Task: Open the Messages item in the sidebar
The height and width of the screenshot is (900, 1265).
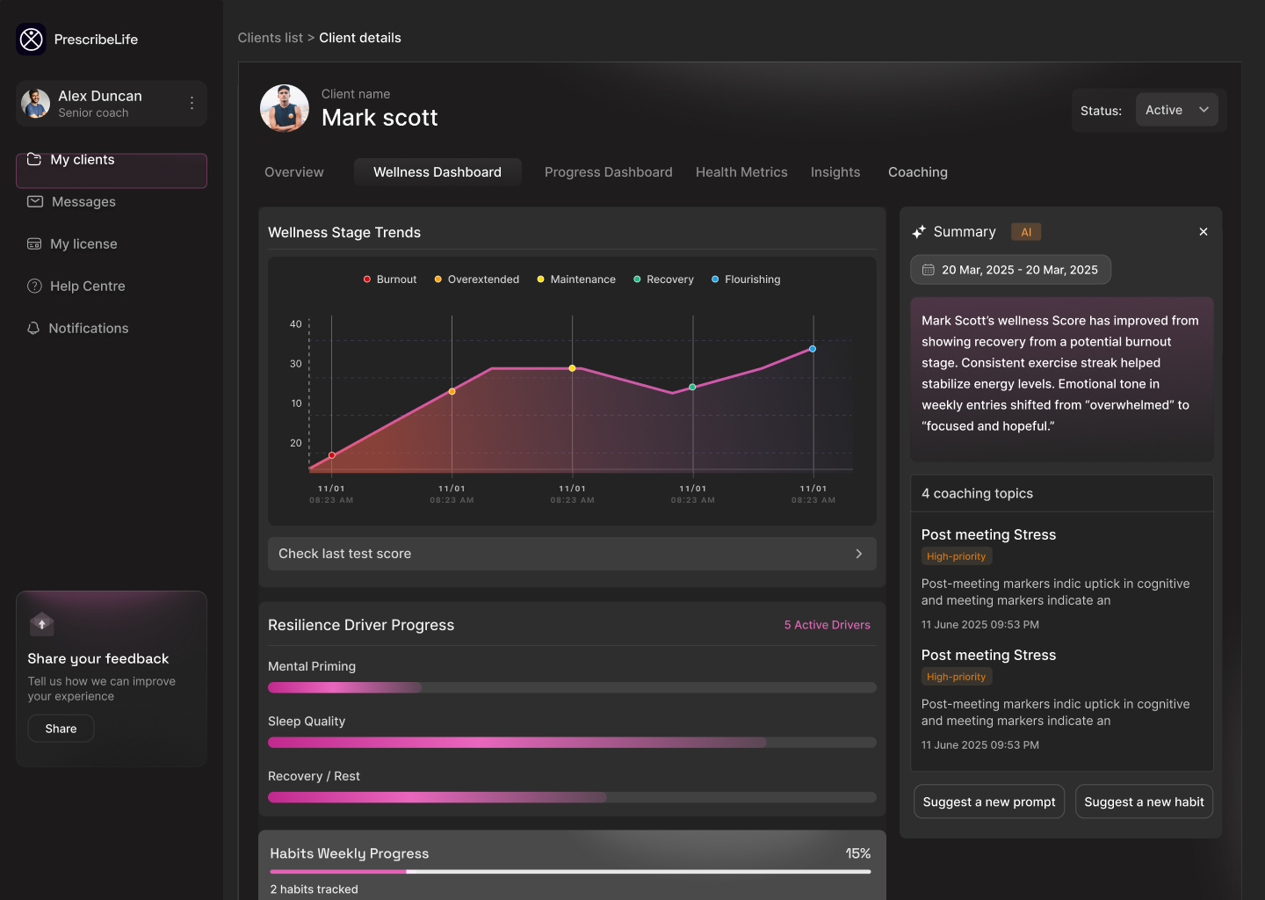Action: tap(83, 202)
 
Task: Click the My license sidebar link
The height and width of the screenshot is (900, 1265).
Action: tap(83, 244)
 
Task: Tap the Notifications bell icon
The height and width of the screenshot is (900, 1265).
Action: tap(34, 329)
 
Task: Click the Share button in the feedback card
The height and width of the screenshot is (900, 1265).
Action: tap(61, 729)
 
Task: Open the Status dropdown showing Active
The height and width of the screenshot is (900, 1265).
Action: tap(1176, 110)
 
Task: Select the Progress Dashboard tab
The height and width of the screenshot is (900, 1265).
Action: tap(608, 172)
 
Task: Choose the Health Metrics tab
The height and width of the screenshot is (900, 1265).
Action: tap(741, 172)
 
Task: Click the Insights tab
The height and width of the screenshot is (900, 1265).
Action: tap(835, 172)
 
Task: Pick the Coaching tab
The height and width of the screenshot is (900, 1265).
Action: tap(917, 172)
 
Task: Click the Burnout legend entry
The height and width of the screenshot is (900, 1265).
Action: tap(390, 279)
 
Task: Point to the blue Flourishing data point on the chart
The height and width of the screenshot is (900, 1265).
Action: tap(813, 349)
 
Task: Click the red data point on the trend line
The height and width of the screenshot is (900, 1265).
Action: tap(332, 455)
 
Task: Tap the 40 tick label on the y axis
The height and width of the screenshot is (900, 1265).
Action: tap(296, 324)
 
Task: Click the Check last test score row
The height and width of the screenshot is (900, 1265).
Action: tap(572, 554)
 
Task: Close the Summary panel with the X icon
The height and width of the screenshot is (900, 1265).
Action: tap(1204, 232)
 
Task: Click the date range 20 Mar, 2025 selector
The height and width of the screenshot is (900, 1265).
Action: tap(1010, 270)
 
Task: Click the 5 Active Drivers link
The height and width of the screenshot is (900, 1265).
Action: tap(827, 625)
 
